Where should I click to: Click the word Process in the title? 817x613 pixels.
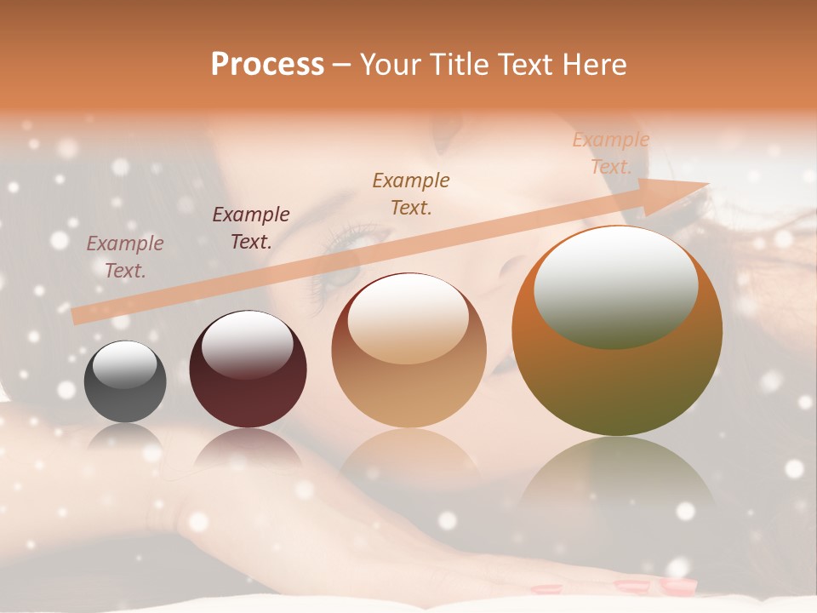tap(267, 64)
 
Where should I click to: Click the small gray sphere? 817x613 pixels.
tap(125, 381)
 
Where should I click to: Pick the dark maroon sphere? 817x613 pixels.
tap(248, 369)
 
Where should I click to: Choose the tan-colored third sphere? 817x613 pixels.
tap(408, 350)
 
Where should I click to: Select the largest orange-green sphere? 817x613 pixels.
tap(617, 331)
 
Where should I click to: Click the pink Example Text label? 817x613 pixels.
tap(125, 256)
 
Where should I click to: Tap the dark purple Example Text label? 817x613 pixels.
tap(251, 227)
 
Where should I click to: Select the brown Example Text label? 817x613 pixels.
tap(411, 193)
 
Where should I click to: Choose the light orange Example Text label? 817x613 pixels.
tap(610, 152)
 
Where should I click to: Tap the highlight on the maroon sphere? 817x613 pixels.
tap(247, 344)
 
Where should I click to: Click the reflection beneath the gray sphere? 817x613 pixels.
tap(125, 438)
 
